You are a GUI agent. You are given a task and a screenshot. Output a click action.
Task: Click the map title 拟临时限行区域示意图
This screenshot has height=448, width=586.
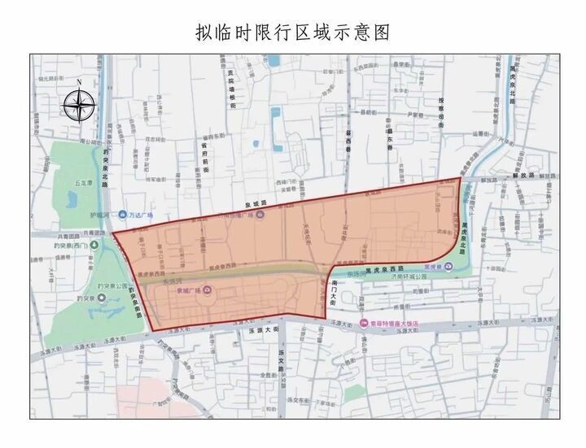pyautogui.click(x=293, y=32)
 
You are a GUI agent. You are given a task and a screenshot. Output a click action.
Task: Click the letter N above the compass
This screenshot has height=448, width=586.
pyautogui.click(x=79, y=83)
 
